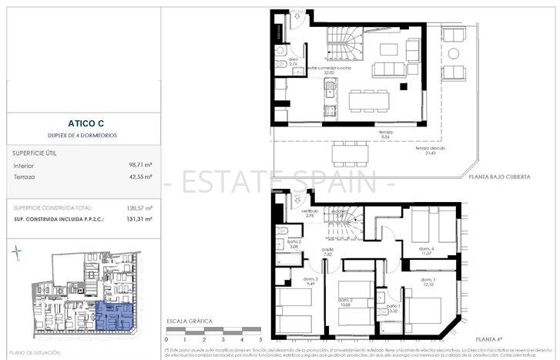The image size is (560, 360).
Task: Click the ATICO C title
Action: click(80, 122)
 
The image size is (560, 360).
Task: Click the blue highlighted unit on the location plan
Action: click(116, 316)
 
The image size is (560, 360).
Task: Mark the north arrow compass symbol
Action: click(18, 253)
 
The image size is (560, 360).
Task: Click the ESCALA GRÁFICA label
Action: click(188, 320)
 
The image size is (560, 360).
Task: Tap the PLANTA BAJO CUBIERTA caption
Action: click(500, 177)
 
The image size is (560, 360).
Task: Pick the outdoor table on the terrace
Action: click(350, 153)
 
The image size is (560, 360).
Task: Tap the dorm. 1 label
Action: click(428, 282)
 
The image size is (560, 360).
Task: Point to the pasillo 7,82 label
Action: click(328, 252)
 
